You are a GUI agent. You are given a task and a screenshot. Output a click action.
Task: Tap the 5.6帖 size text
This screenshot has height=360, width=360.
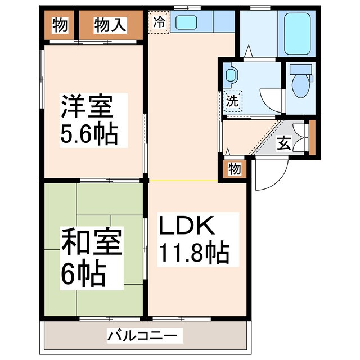pos(88,134)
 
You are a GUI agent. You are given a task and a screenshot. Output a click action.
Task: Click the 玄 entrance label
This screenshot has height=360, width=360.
pos(284,143)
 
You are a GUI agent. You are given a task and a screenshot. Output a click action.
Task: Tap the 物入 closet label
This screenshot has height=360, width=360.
pos(110,25)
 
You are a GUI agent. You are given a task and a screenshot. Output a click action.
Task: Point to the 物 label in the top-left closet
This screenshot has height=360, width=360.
pos(60,25)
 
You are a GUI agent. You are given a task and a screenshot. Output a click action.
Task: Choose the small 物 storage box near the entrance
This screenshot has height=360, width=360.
pos(235,169)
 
